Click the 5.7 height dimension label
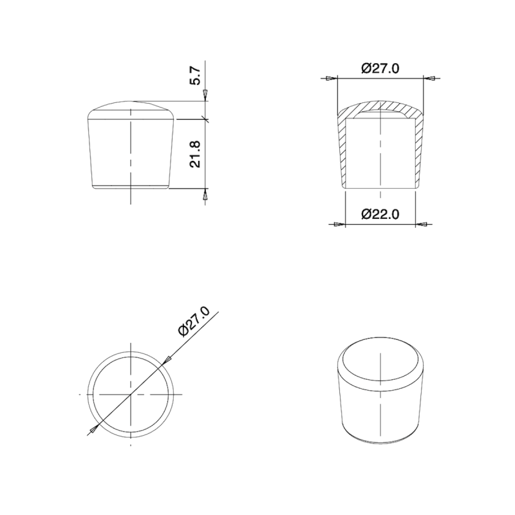coord(196,76)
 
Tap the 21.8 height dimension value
coord(196,153)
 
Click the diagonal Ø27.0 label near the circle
coord(194,321)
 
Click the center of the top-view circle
coord(132,393)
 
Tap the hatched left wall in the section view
coord(341,151)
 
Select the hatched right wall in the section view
coord(419,151)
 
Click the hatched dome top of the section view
coord(380,106)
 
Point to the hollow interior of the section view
coord(380,151)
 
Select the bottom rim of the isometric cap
coord(380,440)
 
